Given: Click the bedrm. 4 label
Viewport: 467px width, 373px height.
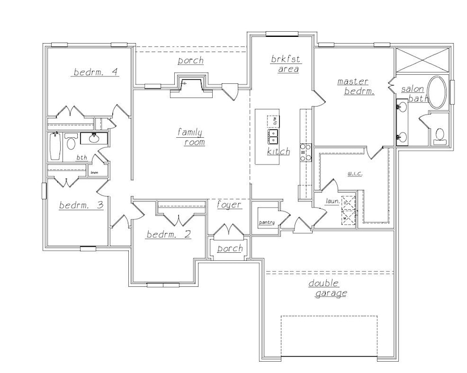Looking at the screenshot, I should pos(95,72).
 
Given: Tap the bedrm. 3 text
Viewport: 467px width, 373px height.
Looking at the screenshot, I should pos(81,205).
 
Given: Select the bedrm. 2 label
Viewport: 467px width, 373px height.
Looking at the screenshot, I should pos(168,235).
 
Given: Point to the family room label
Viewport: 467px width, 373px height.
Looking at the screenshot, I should pos(190,137).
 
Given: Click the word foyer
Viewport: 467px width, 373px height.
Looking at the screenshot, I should pos(229,205).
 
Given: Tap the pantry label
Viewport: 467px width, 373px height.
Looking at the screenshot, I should pos(266,223).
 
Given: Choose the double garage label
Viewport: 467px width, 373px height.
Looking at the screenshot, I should pos(327,288).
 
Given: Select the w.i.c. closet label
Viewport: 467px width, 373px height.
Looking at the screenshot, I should pos(355,175).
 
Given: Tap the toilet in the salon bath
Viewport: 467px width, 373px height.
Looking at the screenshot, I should pos(439,134).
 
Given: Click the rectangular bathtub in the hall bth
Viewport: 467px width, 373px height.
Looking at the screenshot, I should pos(55,146).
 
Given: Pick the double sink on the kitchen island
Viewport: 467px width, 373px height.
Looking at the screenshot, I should pos(274,136).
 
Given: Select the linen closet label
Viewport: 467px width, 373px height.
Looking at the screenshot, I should pos(94,172).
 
